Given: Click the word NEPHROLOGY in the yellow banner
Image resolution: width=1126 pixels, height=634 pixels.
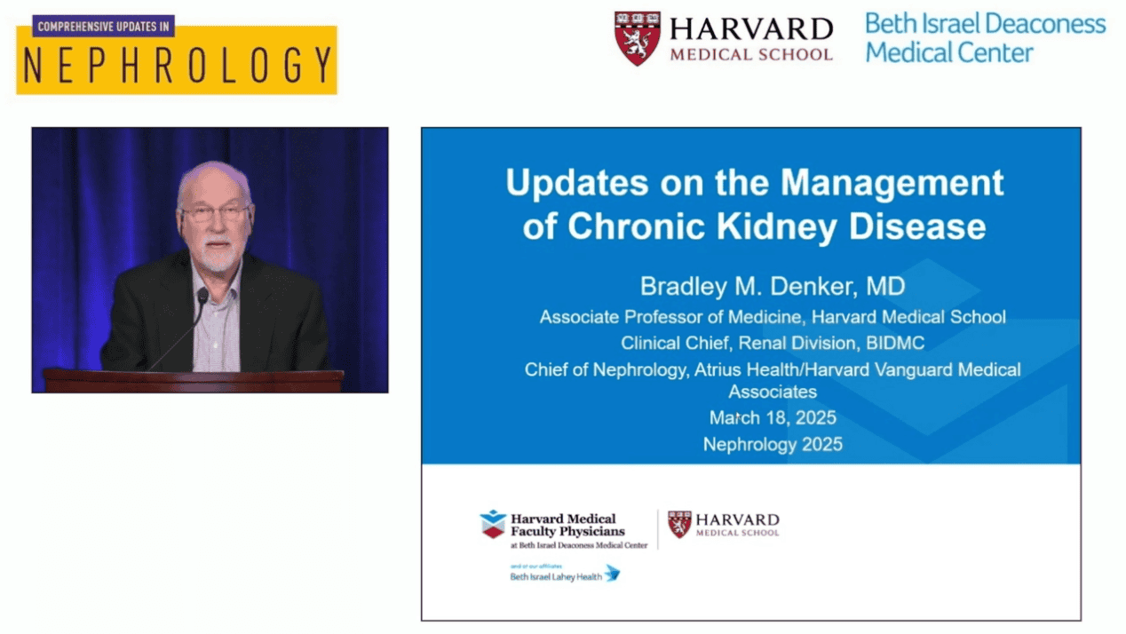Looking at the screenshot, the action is [178, 65].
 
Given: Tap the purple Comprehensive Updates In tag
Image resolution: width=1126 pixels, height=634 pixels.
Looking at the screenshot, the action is [104, 26].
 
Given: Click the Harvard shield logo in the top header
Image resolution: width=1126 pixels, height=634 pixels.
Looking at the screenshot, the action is [638, 38].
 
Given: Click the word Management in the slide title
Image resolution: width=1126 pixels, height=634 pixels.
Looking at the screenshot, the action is [892, 183].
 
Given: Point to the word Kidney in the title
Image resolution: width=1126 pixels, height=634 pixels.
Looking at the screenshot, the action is [777, 227].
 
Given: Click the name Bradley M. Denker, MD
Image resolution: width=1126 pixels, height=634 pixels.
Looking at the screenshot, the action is [773, 286].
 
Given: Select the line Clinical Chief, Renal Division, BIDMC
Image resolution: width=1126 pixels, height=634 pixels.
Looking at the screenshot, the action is [773, 343].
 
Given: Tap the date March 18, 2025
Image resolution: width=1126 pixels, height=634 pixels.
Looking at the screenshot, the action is [773, 418].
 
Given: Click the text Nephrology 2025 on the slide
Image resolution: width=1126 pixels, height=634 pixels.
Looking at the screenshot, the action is [773, 445].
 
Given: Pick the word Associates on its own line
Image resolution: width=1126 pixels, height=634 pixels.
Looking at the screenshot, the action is [773, 392].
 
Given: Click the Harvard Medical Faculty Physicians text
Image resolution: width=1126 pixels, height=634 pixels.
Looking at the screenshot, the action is [568, 525].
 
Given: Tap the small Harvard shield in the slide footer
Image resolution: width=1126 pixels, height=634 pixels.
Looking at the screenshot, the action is [679, 525].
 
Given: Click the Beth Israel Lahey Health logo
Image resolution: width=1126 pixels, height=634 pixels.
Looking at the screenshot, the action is [565, 573].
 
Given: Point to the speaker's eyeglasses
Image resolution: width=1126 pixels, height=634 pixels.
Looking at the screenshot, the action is [215, 213].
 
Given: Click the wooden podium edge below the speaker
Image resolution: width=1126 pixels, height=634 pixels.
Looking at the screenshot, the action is [194, 375].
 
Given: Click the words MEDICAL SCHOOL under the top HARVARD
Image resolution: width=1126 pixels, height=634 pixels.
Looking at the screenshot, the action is [751, 54].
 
